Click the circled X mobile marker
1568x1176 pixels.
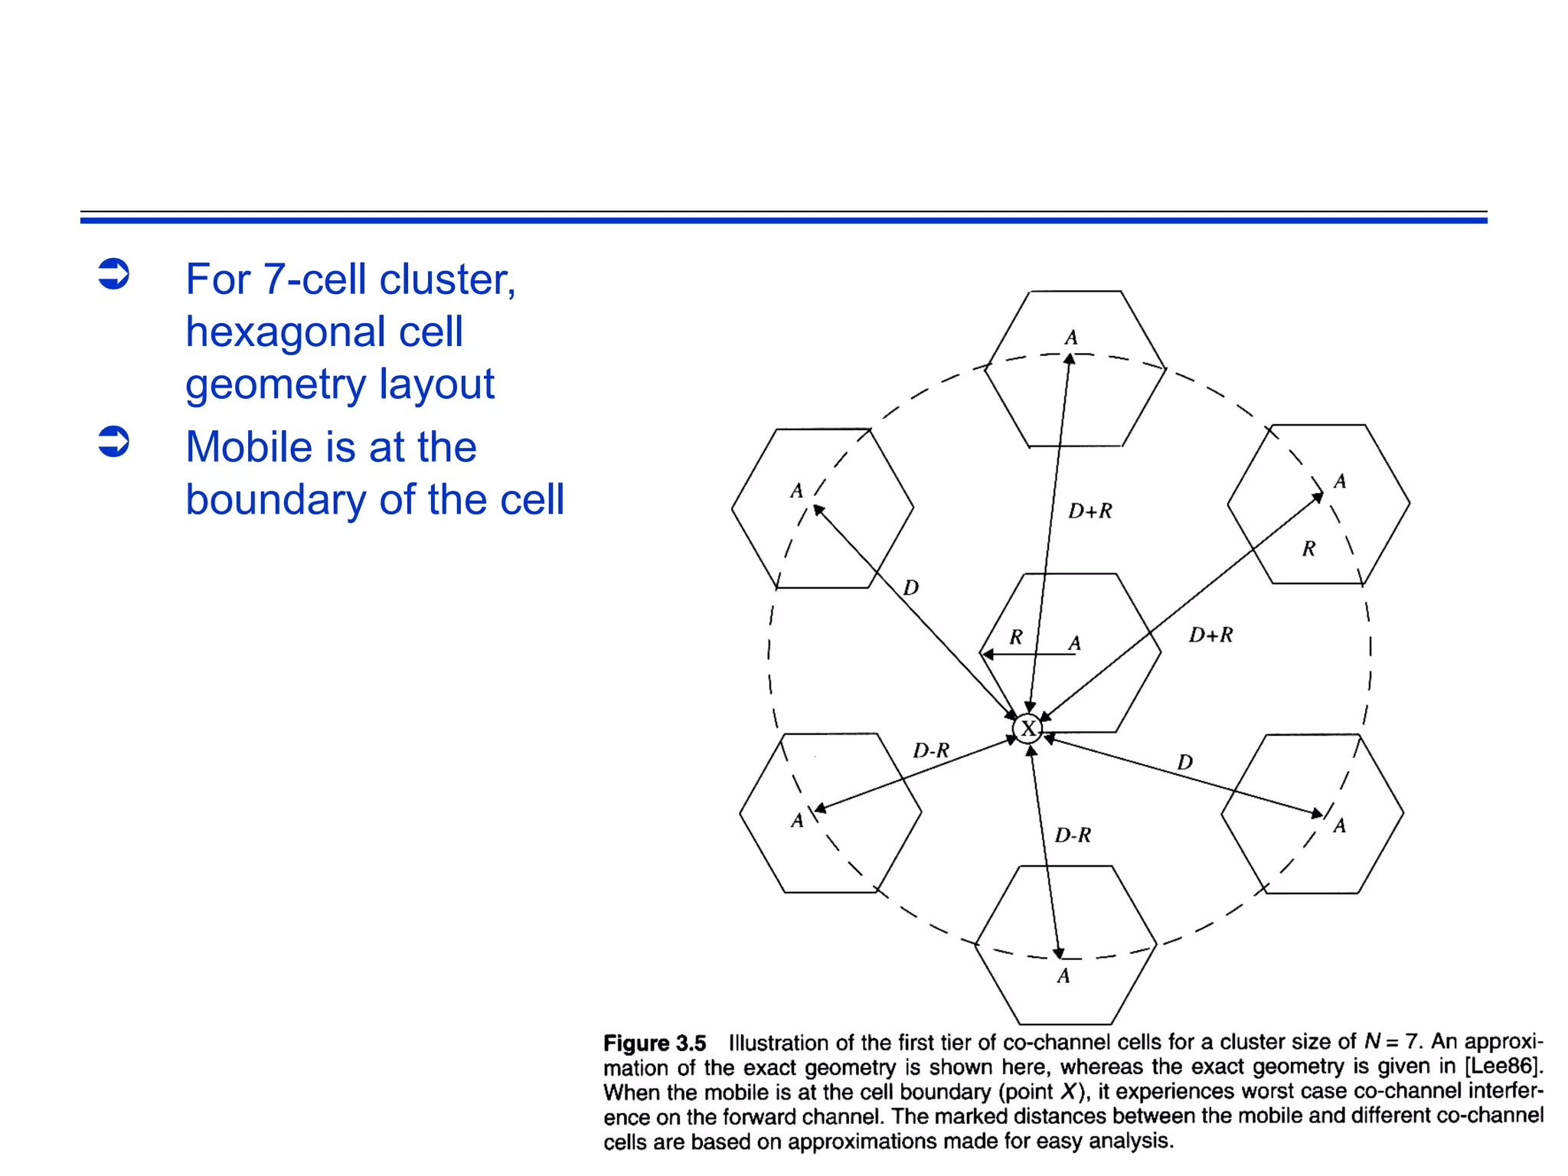click(x=1027, y=728)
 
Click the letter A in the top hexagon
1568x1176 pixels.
click(x=1071, y=338)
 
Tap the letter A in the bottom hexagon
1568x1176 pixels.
click(x=1063, y=976)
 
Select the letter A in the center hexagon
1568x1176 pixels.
click(x=1075, y=643)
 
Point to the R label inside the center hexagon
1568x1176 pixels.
click(x=1016, y=637)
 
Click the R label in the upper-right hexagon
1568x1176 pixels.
click(x=1308, y=548)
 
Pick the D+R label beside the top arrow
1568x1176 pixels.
click(x=1090, y=511)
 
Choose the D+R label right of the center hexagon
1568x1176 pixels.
click(x=1210, y=635)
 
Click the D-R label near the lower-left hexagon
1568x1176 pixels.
click(x=931, y=750)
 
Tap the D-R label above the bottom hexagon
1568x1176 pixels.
click(x=1073, y=835)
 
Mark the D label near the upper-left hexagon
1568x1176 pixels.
click(x=910, y=587)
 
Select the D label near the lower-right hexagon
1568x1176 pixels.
click(x=1184, y=762)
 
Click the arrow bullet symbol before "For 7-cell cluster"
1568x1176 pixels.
click(x=114, y=274)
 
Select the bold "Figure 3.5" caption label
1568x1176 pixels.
click(x=655, y=1043)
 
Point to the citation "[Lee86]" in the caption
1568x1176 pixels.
click(x=1503, y=1066)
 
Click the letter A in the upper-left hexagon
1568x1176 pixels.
click(x=797, y=491)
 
